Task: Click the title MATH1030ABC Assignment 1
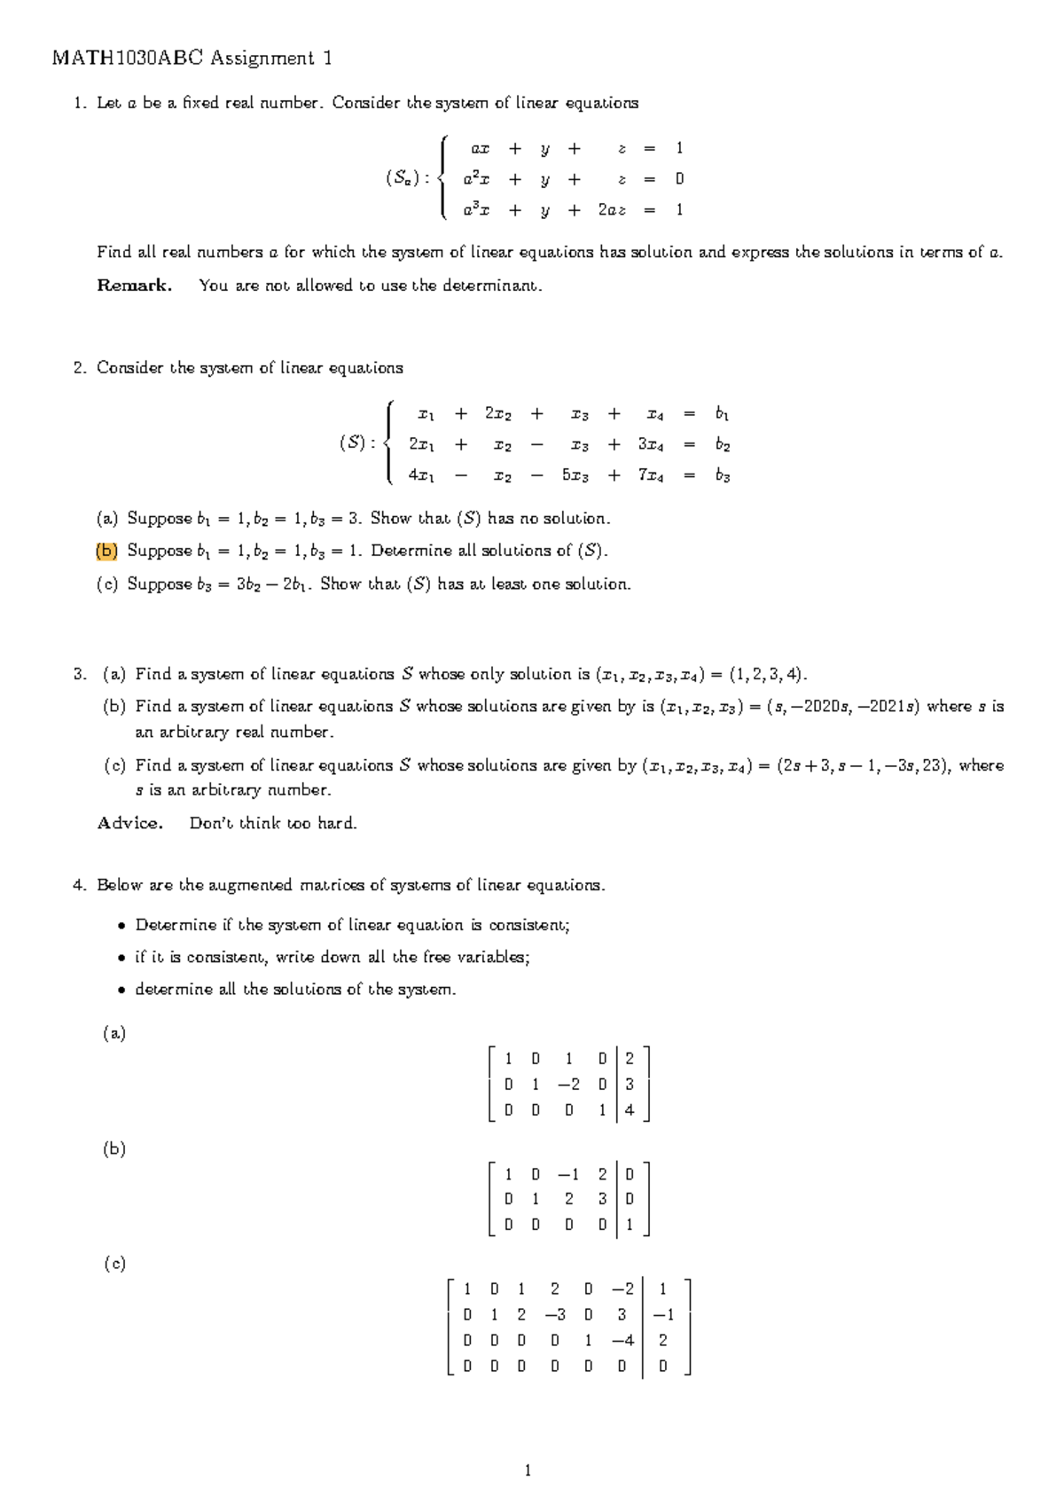(x=192, y=59)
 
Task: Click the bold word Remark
(x=134, y=286)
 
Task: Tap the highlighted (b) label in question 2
(x=106, y=551)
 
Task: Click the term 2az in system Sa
(x=612, y=210)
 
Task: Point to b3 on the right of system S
(x=723, y=476)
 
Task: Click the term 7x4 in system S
(x=650, y=475)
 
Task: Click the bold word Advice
(x=129, y=823)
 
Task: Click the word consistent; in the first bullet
(x=529, y=925)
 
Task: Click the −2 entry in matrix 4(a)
(x=568, y=1084)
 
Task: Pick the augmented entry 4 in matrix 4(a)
(x=630, y=1109)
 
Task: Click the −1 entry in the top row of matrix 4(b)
(x=568, y=1174)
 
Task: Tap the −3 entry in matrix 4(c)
(x=555, y=1314)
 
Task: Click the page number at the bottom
(x=528, y=1471)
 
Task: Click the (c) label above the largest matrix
(x=114, y=1264)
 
